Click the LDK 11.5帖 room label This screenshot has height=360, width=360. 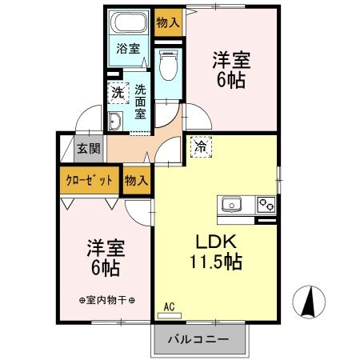tap(214, 250)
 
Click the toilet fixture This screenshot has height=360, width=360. tap(167, 66)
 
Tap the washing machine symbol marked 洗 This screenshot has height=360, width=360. tap(118, 92)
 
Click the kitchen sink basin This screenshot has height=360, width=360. tap(231, 204)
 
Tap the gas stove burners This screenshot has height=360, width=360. tap(266, 205)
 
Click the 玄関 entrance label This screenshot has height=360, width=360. tap(89, 148)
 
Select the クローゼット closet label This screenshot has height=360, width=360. tap(89, 180)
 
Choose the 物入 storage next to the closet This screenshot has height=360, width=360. tap(136, 180)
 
